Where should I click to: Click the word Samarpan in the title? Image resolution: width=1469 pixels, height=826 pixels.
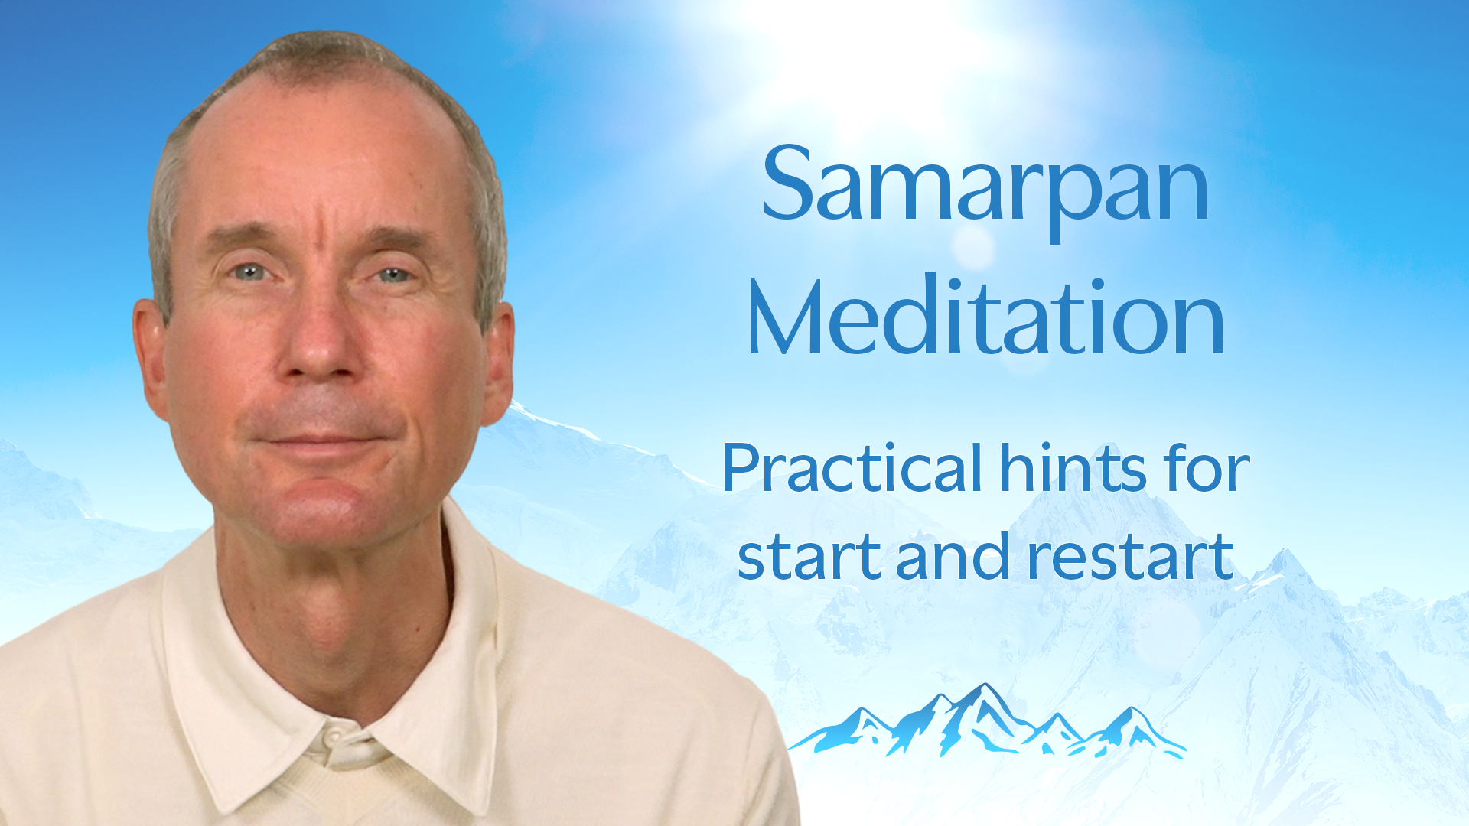coord(985,191)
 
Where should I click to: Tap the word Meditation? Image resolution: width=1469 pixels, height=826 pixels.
coord(986,316)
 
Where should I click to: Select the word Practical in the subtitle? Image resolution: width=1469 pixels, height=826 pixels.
coord(852,467)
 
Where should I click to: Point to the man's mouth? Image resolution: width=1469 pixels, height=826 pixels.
coord(321,441)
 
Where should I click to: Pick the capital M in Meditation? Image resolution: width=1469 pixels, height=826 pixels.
coord(784,316)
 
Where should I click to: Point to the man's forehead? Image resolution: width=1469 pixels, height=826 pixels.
coord(321,153)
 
